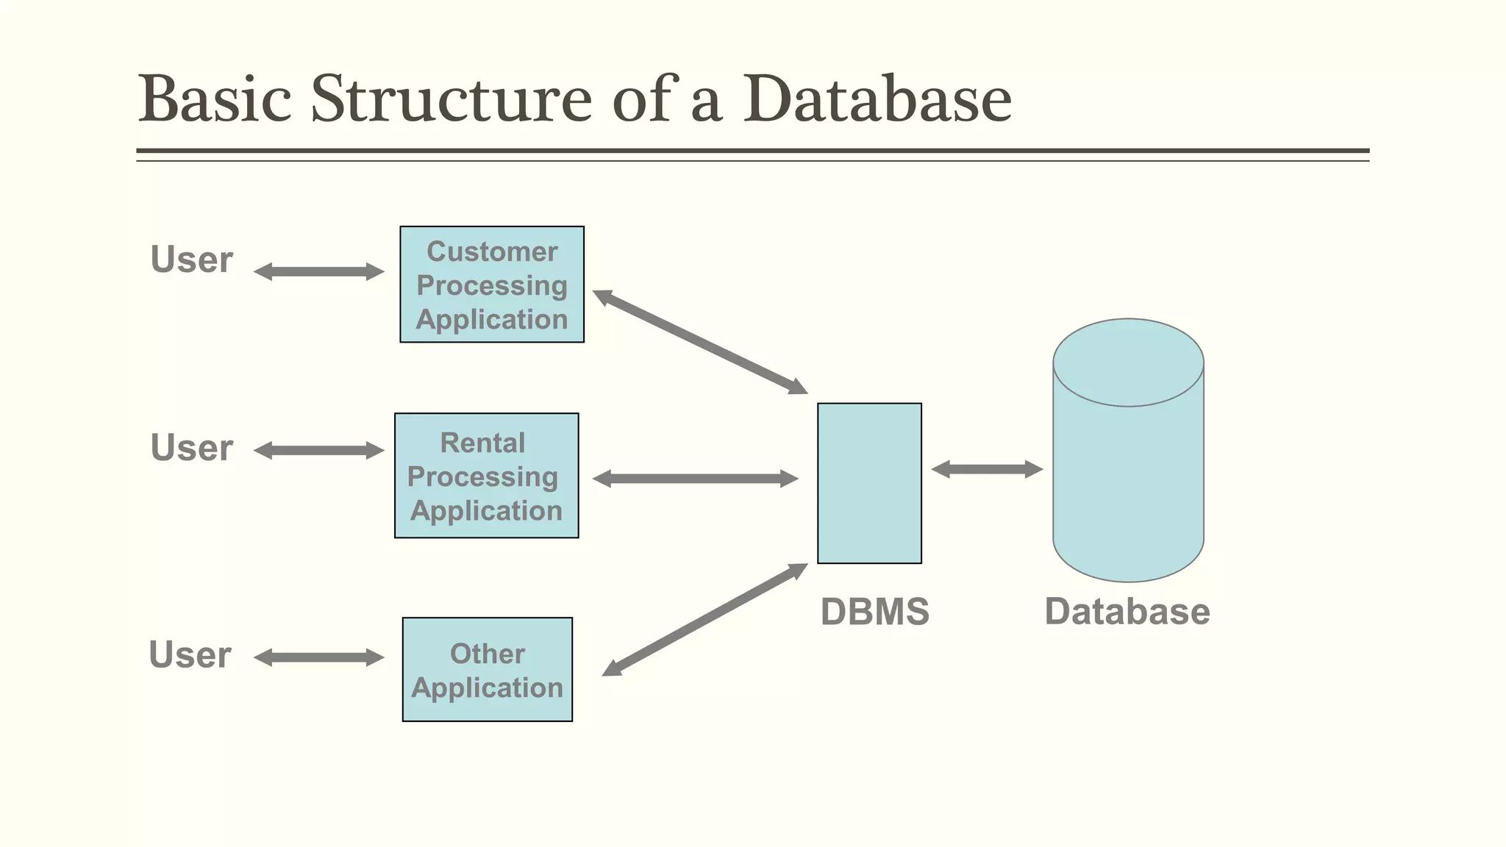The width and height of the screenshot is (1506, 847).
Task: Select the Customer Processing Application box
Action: (492, 285)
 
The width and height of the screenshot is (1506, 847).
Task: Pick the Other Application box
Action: (487, 670)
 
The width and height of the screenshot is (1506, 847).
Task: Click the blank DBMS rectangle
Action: (869, 483)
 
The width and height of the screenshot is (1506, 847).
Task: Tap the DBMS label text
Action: (874, 612)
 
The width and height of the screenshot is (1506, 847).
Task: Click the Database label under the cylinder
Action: (1127, 612)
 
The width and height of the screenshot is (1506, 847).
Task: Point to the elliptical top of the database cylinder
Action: (1128, 362)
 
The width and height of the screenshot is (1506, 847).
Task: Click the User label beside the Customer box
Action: (191, 260)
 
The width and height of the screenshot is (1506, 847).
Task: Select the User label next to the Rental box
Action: (191, 447)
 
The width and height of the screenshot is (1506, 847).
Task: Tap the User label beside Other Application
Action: (190, 654)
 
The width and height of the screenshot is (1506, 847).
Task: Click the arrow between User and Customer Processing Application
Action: (318, 271)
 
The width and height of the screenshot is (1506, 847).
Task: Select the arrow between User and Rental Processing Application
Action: (318, 451)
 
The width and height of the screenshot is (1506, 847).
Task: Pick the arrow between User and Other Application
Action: (318, 657)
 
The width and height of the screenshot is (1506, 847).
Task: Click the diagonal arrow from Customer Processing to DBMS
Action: (700, 342)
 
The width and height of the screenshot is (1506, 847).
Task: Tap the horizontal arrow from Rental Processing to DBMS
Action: (695, 479)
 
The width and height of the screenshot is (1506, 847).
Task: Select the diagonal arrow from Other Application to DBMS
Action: (704, 619)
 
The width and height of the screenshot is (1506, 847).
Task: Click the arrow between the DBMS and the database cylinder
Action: (987, 469)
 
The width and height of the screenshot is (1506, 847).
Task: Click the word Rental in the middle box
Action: (482, 443)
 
